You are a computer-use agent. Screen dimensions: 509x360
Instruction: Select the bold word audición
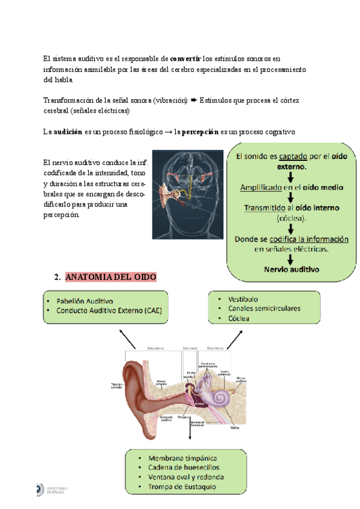[68, 132]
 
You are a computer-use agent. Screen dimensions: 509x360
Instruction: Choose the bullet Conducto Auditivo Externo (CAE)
[109, 310]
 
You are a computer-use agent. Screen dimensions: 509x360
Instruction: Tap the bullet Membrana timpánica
[182, 459]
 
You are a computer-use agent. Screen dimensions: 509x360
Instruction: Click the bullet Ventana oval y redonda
[185, 477]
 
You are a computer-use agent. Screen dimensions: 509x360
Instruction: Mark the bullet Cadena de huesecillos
[183, 468]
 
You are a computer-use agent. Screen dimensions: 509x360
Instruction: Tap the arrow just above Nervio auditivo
[290, 259]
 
